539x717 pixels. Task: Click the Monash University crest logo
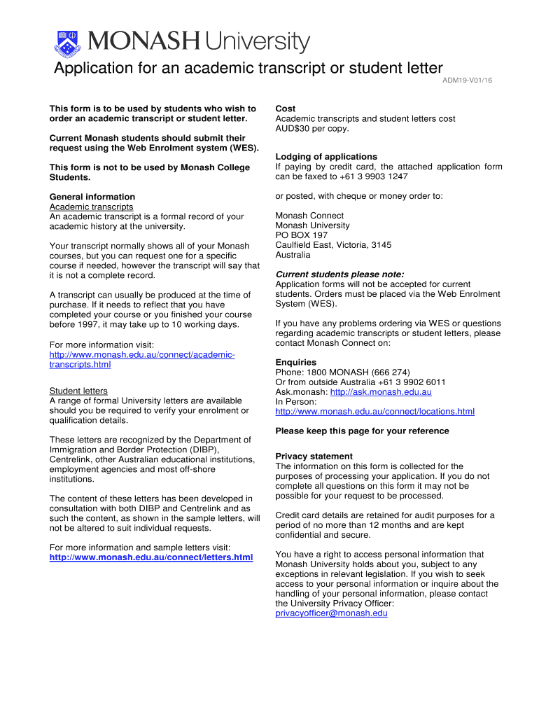point(67,42)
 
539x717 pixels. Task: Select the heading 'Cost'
point(286,109)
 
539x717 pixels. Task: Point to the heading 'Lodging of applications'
point(326,156)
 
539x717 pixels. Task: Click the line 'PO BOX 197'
point(302,235)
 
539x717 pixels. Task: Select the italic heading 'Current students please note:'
point(339,274)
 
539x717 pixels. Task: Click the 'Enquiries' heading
point(296,362)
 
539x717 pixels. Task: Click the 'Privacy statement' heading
point(314,457)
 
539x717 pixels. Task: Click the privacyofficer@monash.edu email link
point(331,613)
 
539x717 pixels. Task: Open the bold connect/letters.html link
point(151,557)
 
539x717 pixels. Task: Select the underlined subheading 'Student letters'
point(78,391)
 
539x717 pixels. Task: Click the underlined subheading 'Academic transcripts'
point(91,207)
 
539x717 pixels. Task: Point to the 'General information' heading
point(92,197)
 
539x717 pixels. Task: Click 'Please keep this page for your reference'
point(362,431)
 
